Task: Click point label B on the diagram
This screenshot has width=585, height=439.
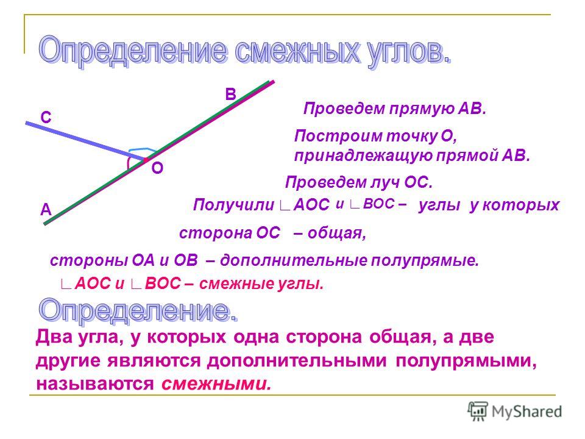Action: pyautogui.click(x=231, y=95)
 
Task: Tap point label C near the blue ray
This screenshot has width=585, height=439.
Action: pyautogui.click(x=46, y=118)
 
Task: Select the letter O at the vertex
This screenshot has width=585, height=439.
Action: pyautogui.click(x=157, y=168)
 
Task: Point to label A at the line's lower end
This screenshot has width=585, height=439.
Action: pyautogui.click(x=46, y=210)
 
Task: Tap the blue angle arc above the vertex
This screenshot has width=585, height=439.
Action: pyautogui.click(x=142, y=149)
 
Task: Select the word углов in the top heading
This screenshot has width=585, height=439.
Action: pyautogui.click(x=408, y=52)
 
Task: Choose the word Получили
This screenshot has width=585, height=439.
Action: pyautogui.click(x=234, y=205)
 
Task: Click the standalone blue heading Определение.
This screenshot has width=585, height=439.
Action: pyautogui.click(x=138, y=310)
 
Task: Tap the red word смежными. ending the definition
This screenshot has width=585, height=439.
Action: pyautogui.click(x=216, y=384)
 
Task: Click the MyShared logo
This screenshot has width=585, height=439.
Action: pyautogui.click(x=515, y=412)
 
